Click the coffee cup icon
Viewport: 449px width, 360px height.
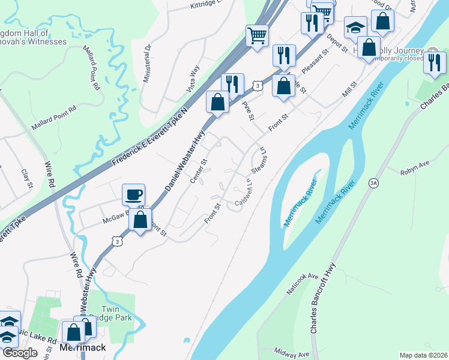tap(133, 194)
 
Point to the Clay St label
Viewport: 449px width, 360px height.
tap(26, 178)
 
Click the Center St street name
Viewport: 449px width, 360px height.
tap(199, 170)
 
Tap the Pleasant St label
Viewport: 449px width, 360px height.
tap(316, 62)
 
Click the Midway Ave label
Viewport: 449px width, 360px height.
tap(291, 351)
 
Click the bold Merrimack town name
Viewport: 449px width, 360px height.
tap(83, 348)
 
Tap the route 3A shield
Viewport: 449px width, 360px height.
tap(373, 182)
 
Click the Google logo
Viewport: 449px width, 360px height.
tap(20, 353)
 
